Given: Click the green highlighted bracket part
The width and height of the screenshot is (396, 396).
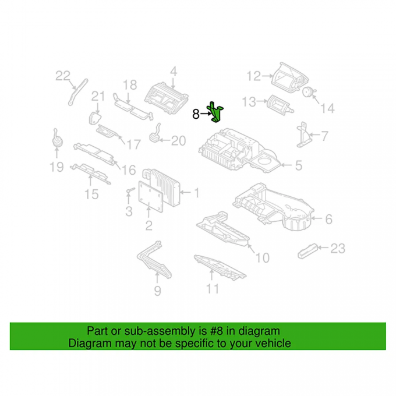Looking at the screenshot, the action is click(215, 112).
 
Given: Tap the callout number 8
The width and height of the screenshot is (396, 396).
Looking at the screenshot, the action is click(196, 114).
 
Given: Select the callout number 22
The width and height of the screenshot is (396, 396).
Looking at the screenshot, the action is click(63, 76).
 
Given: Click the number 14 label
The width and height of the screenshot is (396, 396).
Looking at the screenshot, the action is click(327, 108).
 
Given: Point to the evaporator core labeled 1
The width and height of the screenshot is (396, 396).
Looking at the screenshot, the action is click(162, 188).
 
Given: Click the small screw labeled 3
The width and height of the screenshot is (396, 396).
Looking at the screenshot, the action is click(130, 190).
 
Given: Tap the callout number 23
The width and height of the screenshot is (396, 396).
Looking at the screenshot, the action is click(338, 248).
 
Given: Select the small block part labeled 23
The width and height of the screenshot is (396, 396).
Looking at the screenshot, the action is click(307, 252).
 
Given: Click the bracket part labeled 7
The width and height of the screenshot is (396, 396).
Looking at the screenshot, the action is click(303, 135).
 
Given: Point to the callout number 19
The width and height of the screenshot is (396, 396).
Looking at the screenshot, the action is click(56, 167).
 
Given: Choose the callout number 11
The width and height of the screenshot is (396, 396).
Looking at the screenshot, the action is click(213, 289).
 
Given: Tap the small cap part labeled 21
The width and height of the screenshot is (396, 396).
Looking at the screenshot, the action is click(94, 118).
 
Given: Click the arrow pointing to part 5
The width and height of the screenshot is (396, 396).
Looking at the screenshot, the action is click(287, 165).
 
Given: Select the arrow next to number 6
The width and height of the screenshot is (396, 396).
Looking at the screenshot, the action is click(316, 218).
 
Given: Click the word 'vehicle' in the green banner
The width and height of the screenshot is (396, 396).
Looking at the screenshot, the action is click(273, 344).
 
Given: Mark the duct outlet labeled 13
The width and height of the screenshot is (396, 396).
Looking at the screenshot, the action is click(280, 105).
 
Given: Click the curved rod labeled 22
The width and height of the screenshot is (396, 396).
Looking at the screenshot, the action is click(77, 91).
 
